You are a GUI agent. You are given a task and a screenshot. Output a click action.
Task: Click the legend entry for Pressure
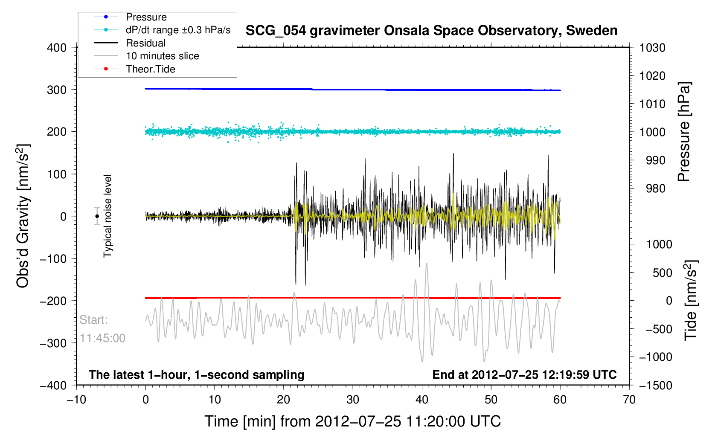point(146,17)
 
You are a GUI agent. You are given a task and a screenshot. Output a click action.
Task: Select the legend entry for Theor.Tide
point(150,69)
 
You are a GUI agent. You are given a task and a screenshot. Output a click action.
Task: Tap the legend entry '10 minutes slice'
point(162,56)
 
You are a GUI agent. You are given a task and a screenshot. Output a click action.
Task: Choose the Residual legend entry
point(145,43)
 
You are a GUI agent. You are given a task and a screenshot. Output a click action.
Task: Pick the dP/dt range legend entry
point(178,30)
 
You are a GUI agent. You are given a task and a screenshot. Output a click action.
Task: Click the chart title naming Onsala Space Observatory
point(431,31)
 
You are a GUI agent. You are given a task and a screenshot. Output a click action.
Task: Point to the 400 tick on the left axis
point(57,48)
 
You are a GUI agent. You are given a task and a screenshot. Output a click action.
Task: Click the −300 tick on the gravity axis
point(53,343)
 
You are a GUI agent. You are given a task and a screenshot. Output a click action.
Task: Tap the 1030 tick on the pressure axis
point(652,48)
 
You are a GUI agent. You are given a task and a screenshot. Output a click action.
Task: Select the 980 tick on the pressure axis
point(652,188)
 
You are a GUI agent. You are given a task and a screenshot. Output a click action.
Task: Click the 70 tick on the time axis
point(629,400)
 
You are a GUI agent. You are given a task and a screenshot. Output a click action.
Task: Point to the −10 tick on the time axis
point(76,400)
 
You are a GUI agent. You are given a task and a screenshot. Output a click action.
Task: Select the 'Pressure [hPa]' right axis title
point(684,132)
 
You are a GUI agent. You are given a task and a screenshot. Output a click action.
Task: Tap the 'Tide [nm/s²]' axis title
point(691,300)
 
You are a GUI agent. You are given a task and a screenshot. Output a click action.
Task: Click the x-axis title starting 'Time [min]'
point(352,421)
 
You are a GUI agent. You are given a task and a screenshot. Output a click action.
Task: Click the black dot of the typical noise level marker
point(97,216)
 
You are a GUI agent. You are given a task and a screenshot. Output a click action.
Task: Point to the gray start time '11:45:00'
point(102,338)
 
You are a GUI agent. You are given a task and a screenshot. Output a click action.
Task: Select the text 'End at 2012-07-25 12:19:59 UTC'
point(524,375)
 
